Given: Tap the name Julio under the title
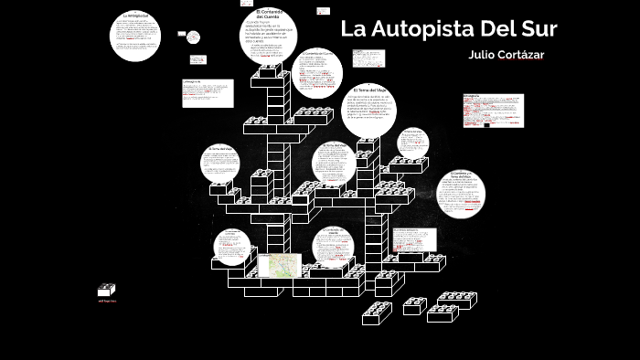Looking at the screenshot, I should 482,55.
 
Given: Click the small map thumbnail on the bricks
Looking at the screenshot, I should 278,265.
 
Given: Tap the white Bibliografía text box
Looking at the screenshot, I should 493,110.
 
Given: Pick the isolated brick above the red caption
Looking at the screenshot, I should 107,290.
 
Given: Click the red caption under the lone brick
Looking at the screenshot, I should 107,301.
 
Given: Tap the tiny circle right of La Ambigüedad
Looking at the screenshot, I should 194,37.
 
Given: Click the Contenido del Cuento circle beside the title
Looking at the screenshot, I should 320,72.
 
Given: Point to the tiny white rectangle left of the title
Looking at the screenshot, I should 323,12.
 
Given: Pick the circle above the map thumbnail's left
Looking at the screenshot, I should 232,247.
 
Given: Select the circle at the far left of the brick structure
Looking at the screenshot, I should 222,164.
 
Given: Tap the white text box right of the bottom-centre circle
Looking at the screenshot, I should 409,240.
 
